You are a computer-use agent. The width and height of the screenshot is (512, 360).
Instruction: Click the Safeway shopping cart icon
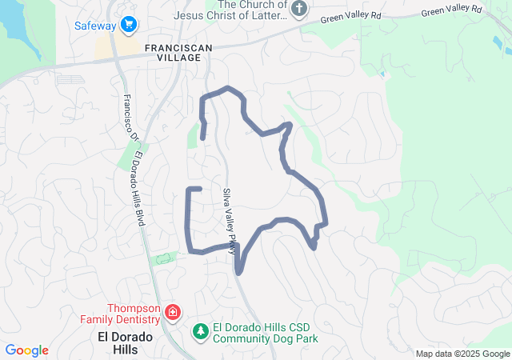click(128, 26)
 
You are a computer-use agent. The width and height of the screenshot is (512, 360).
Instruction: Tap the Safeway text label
click(95, 26)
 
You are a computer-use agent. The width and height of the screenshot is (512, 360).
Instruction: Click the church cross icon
click(298, 10)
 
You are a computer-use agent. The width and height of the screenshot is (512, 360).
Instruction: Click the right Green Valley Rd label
click(452, 10)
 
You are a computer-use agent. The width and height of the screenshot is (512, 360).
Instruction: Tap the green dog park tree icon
click(200, 330)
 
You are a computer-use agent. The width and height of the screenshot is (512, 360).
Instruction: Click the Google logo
click(26, 350)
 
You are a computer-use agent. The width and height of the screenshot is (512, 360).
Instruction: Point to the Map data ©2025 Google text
click(462, 354)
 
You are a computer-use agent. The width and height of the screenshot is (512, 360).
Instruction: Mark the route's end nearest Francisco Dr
click(199, 188)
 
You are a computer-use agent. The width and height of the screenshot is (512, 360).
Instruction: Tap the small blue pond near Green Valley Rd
click(383, 74)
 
